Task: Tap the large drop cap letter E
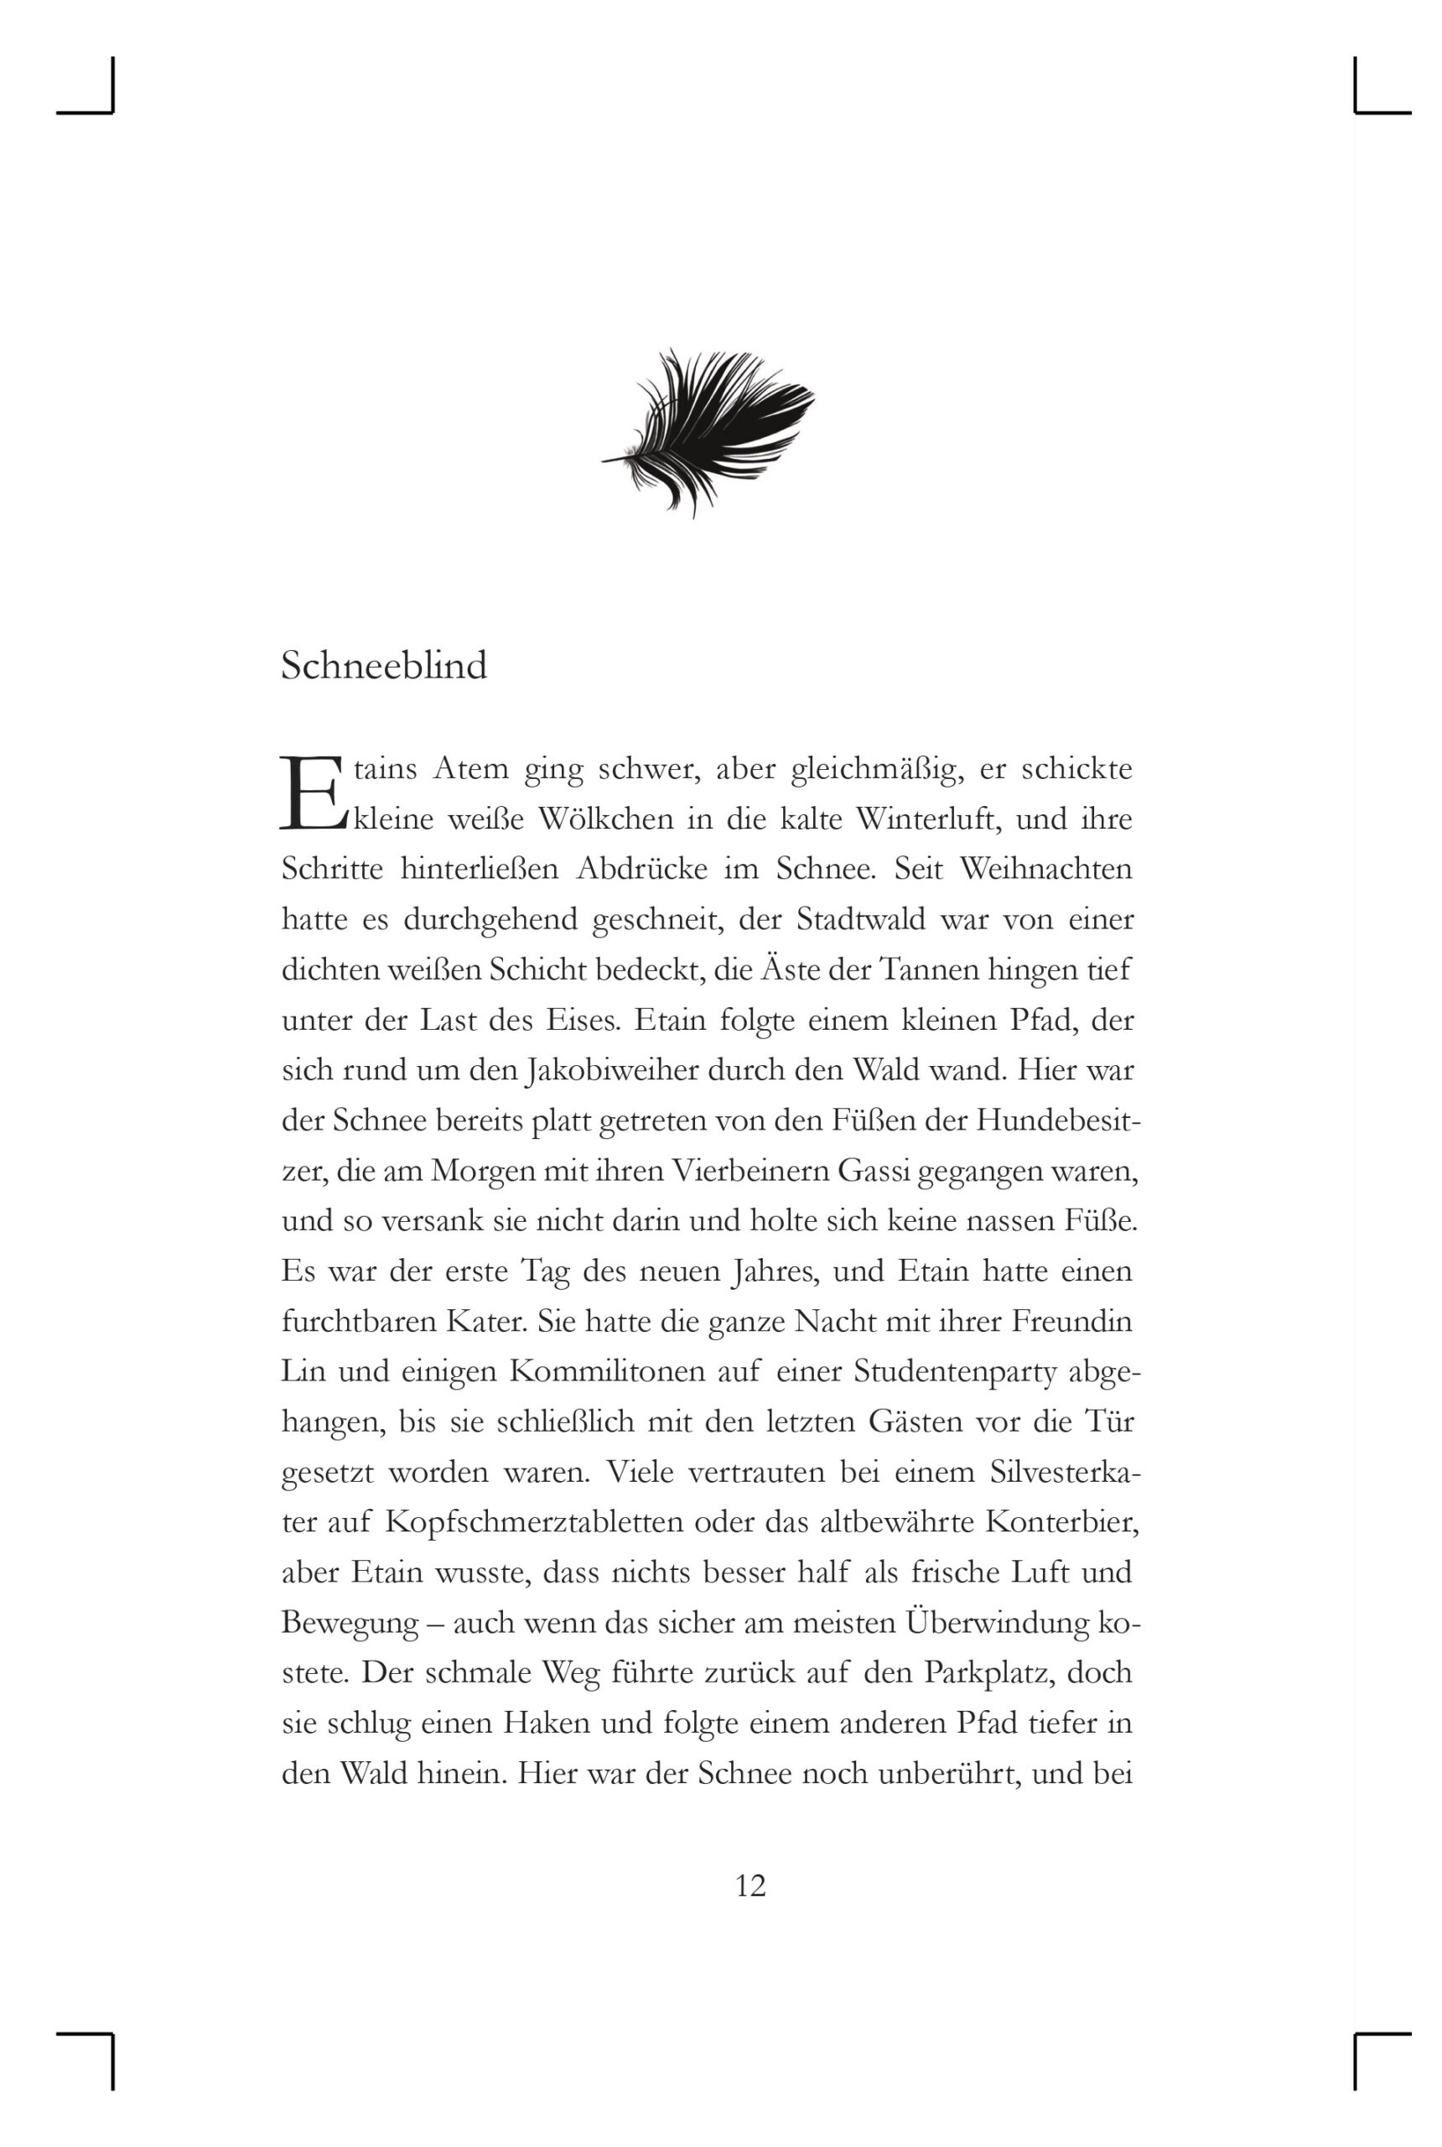(x=311, y=793)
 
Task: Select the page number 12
(x=750, y=1886)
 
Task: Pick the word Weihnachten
(x=1045, y=868)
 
